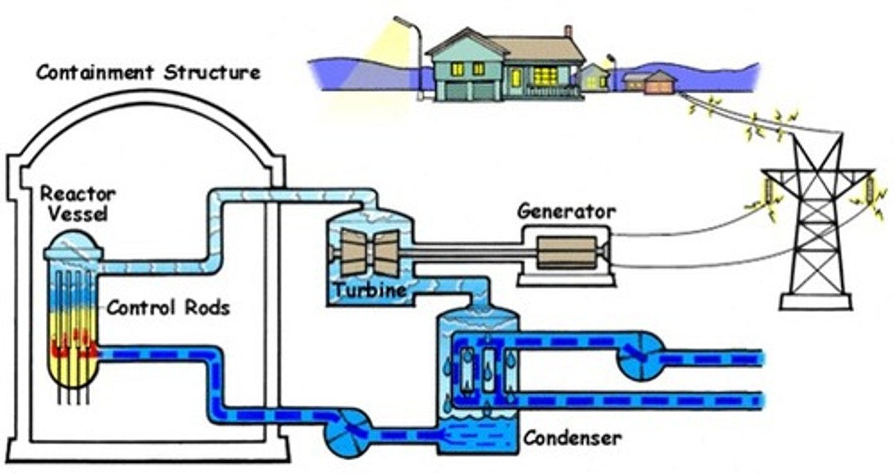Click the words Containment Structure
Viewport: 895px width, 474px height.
pyautogui.click(x=148, y=73)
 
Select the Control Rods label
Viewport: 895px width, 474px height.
pyautogui.click(x=168, y=307)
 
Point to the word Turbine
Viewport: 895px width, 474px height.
pyautogui.click(x=369, y=290)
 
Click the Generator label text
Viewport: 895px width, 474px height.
pyautogui.click(x=566, y=211)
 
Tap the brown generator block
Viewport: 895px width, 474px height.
pyautogui.click(x=567, y=251)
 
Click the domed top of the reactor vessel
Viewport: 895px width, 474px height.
pyautogui.click(x=73, y=244)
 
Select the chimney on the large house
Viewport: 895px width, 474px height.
pyautogui.click(x=567, y=32)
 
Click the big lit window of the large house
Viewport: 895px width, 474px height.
pyautogui.click(x=545, y=76)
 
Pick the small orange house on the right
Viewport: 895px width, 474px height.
pyautogui.click(x=659, y=83)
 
